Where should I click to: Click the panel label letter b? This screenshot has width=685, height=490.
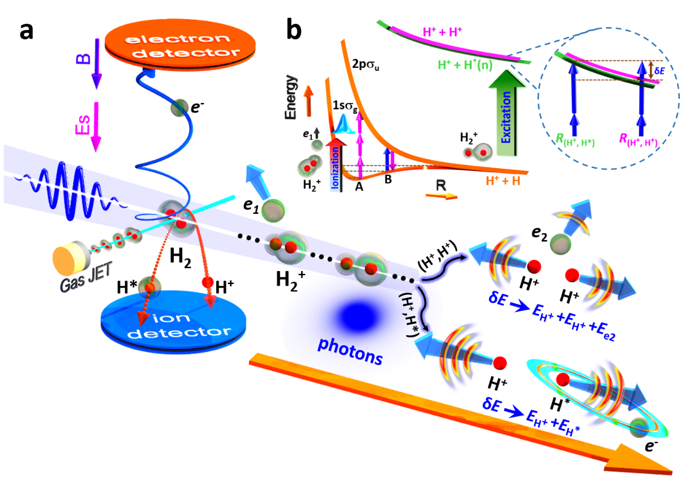[294, 30]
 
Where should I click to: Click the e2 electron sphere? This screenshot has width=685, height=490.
[560, 244]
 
